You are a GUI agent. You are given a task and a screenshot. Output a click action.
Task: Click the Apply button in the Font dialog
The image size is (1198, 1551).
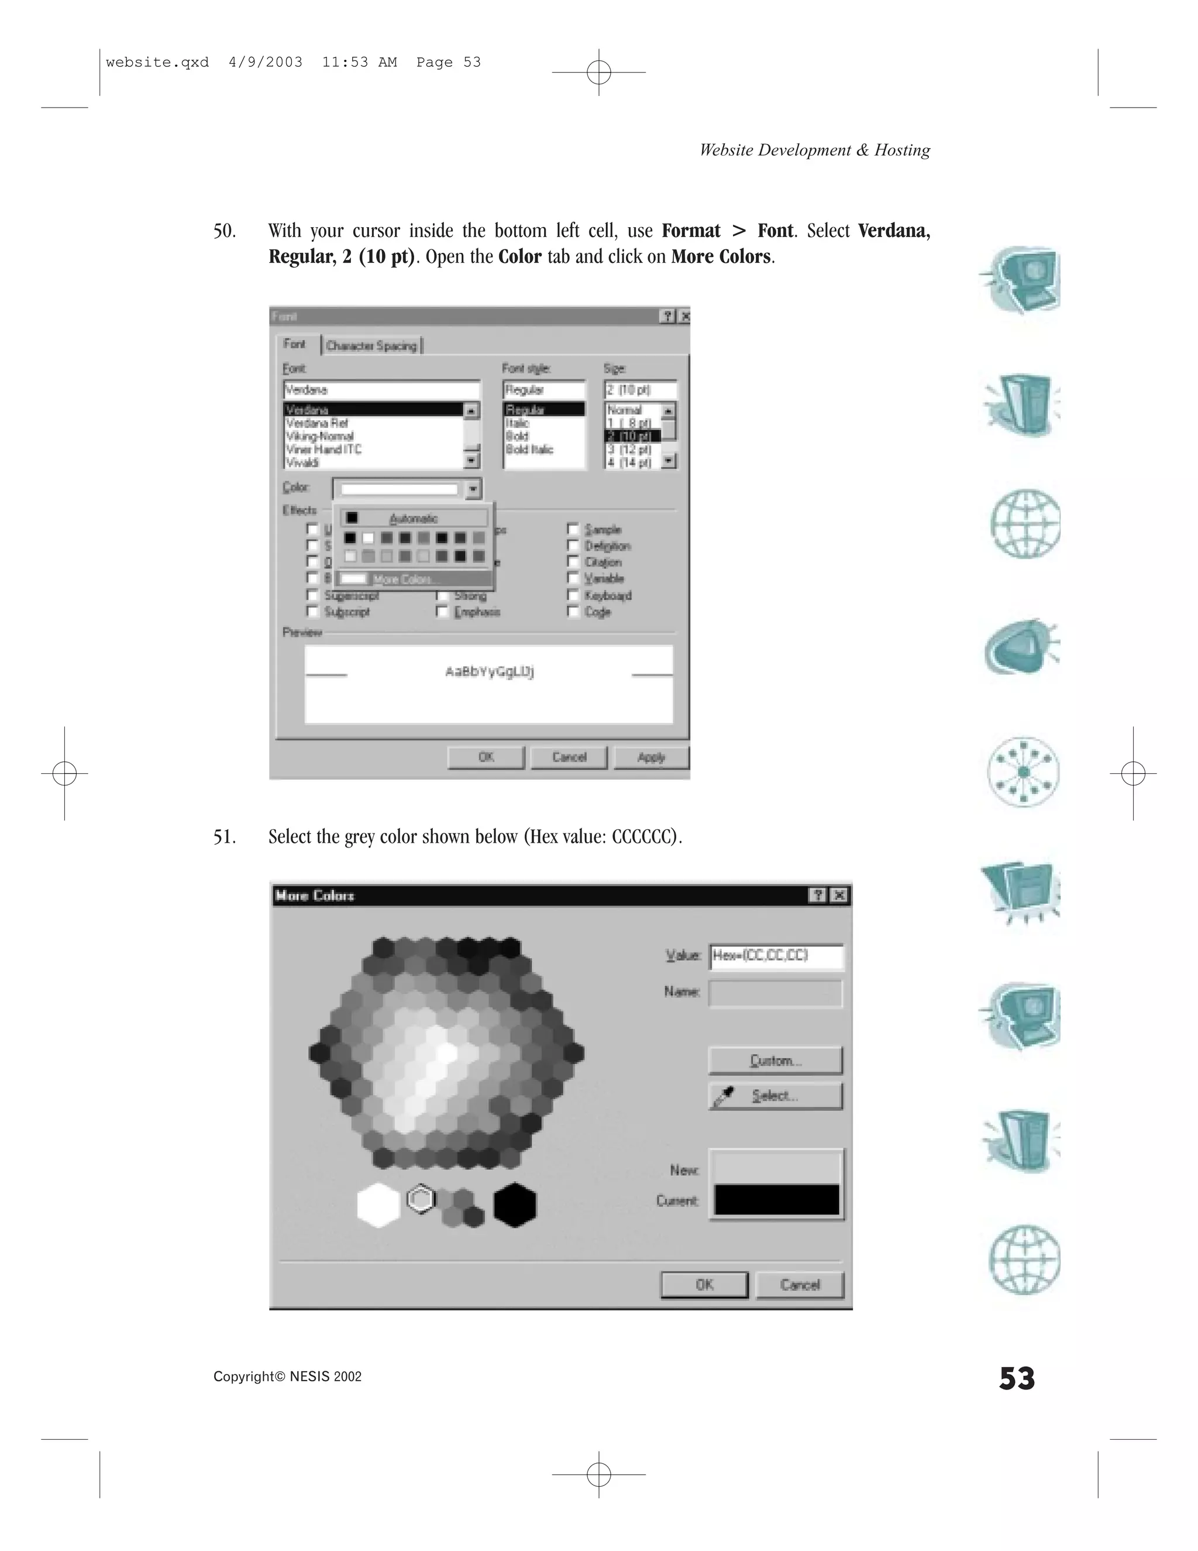click(x=651, y=757)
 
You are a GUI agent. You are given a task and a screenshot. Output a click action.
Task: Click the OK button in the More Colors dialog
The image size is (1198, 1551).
click(x=704, y=1284)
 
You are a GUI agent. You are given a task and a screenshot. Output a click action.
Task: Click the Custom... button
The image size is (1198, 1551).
click(x=775, y=1061)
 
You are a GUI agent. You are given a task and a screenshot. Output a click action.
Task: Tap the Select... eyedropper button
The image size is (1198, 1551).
click(x=775, y=1096)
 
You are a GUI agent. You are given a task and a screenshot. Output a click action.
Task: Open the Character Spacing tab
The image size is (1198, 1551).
click(x=371, y=346)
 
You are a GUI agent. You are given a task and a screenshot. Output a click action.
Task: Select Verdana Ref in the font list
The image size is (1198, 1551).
click(x=317, y=423)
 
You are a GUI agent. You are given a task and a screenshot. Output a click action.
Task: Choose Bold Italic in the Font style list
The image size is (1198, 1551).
click(x=529, y=449)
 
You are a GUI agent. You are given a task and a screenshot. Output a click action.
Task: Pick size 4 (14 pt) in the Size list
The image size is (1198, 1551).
click(x=629, y=463)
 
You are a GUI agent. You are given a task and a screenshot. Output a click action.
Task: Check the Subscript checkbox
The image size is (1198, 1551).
click(x=312, y=612)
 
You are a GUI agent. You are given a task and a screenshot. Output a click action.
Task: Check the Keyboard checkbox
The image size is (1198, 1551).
click(x=573, y=595)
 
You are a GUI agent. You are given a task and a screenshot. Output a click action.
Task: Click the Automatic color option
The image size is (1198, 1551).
click(x=413, y=519)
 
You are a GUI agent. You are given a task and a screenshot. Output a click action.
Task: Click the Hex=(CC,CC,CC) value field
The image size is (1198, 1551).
click(x=776, y=956)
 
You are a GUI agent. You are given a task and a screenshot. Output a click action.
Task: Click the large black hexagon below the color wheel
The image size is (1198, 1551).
click(x=515, y=1205)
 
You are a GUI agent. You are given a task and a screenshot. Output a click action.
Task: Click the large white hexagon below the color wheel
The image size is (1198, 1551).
click(x=378, y=1205)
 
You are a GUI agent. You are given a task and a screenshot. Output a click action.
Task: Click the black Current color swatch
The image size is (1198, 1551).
click(x=776, y=1200)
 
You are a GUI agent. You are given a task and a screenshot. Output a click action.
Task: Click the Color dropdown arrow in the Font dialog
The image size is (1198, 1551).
click(x=473, y=489)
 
